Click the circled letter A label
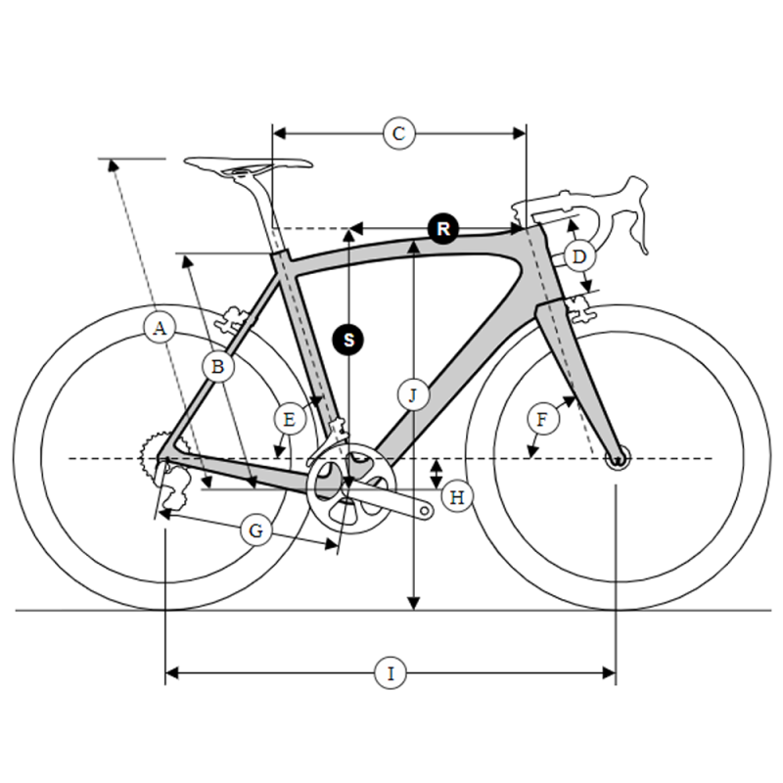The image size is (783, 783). tap(160, 329)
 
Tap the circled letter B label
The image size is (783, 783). tap(217, 367)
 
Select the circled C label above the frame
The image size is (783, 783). tap(399, 134)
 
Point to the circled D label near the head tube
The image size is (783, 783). tap(578, 256)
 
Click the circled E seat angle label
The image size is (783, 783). tap(290, 420)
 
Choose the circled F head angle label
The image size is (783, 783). tap(543, 419)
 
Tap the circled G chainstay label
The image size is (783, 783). tap(256, 530)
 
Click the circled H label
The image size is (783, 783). tap(457, 497)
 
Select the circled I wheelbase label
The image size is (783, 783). tap(391, 673)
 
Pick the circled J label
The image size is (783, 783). tap(413, 395)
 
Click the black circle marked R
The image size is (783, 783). tap(443, 229)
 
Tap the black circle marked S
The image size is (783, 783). tap(348, 340)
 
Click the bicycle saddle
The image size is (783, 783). tap(249, 165)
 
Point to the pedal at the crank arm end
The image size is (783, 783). tap(425, 510)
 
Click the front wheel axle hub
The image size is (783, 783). tap(618, 457)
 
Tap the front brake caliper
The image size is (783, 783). tap(580, 308)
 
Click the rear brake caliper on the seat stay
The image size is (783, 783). tap(232, 320)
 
